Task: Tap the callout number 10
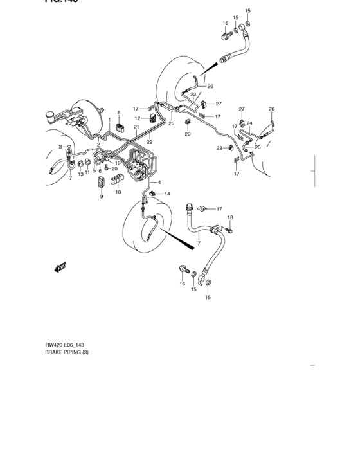(x=118, y=192)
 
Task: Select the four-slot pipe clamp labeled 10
(x=118, y=180)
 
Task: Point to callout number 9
(x=101, y=197)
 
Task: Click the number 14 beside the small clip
(x=167, y=194)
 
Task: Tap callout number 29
(x=188, y=134)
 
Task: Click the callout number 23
(x=193, y=94)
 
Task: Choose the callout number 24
(x=249, y=123)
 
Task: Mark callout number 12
(x=138, y=118)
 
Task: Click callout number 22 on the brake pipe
(x=149, y=141)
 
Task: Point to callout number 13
(x=80, y=174)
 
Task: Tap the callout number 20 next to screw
(x=114, y=168)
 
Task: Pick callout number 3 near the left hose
(x=60, y=147)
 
